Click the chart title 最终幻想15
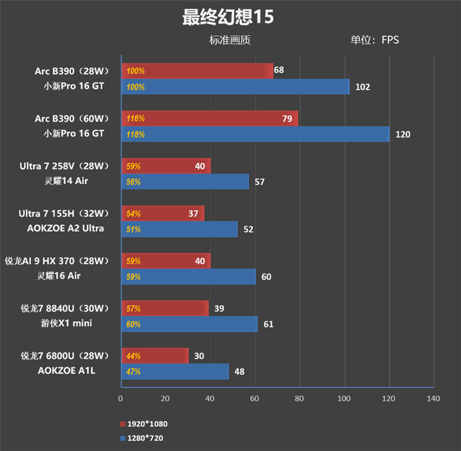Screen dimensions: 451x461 pyautogui.click(x=228, y=17)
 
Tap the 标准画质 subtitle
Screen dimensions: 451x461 pyautogui.click(x=230, y=40)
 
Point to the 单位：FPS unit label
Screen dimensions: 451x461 pyautogui.click(x=375, y=40)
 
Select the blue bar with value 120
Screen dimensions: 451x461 pyautogui.click(x=255, y=134)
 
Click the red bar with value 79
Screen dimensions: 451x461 pyautogui.click(x=209, y=118)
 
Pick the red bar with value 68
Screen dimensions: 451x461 pyautogui.click(x=197, y=71)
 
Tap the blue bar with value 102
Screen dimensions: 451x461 pyautogui.click(x=235, y=87)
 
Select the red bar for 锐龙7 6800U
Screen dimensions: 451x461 pyautogui.click(x=154, y=356)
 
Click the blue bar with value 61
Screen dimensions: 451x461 pyautogui.click(x=189, y=324)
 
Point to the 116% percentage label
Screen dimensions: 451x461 pyautogui.click(x=135, y=119)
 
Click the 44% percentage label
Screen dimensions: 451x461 pyautogui.click(x=133, y=356)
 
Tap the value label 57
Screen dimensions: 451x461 pyautogui.click(x=259, y=182)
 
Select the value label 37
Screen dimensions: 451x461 pyautogui.click(x=193, y=214)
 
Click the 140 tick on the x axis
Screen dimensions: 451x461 pyautogui.click(x=433, y=399)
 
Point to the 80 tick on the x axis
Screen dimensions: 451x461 pyautogui.click(x=299, y=399)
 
